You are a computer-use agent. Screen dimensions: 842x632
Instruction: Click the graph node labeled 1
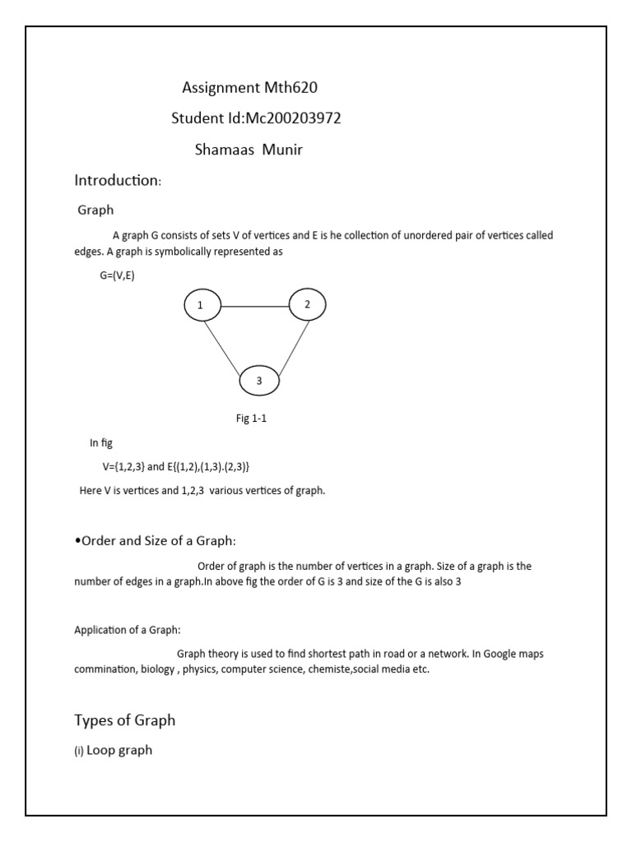pos(200,306)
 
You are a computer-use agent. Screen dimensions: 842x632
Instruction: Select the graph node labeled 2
pos(307,305)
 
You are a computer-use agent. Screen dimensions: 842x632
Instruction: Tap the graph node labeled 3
pos(259,381)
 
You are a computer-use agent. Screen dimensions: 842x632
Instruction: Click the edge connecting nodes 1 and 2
pos(253,306)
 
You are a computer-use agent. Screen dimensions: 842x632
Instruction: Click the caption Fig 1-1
pos(252,419)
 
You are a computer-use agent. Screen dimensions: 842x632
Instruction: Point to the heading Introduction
pos(116,180)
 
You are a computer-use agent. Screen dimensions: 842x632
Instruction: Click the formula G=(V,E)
pos(117,275)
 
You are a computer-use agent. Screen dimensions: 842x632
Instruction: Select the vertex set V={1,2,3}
pos(123,466)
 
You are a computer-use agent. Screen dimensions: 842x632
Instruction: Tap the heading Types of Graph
pos(125,720)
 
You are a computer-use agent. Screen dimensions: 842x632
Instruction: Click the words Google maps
pos(513,655)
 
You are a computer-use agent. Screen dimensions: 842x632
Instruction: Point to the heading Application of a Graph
pos(128,631)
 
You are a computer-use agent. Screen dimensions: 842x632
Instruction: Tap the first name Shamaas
pos(222,150)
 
